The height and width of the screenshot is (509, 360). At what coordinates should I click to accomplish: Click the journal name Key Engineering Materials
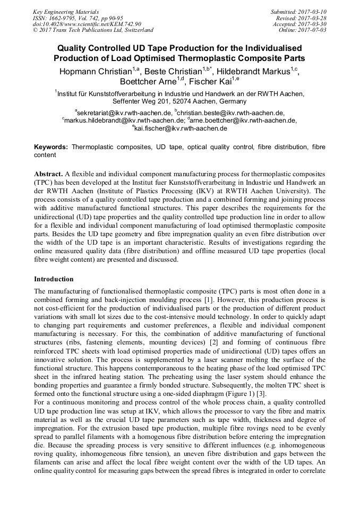tap(67, 11)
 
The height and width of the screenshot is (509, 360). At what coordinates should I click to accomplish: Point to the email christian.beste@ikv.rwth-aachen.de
tap(231, 113)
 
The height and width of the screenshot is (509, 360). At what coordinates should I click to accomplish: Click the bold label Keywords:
tap(51, 146)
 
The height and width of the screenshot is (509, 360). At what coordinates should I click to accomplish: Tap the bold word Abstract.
tap(48, 174)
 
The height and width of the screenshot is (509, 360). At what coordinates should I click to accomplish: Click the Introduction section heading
tap(54, 279)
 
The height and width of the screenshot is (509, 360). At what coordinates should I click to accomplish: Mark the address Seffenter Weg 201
tap(140, 101)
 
